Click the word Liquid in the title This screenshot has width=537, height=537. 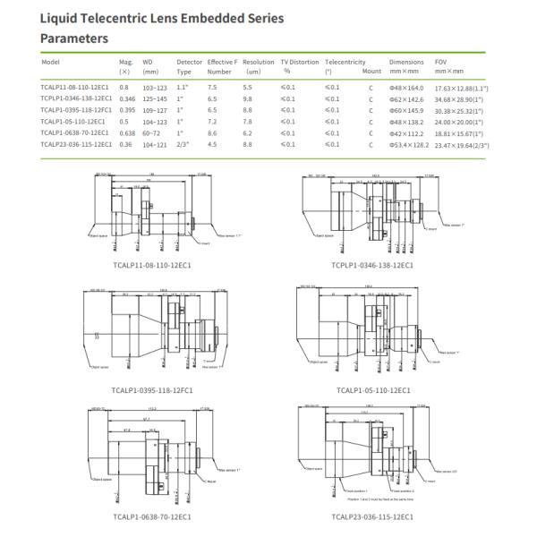tap(61, 17)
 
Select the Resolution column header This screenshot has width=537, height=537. tap(259, 63)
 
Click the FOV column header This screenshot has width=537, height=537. tap(440, 63)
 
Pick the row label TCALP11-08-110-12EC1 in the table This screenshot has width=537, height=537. tap(76, 87)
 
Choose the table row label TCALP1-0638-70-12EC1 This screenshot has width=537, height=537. tap(76, 132)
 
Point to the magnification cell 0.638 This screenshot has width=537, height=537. tap(127, 132)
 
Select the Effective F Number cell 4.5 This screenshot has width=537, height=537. tap(212, 143)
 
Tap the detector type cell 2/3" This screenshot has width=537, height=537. tap(183, 143)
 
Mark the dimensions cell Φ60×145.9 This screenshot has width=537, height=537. tap(407, 109)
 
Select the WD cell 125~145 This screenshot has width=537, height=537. tap(157, 98)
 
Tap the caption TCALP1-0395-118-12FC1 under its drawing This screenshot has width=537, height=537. tap(153, 391)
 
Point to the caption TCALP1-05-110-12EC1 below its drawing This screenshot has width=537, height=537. tap(373, 391)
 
